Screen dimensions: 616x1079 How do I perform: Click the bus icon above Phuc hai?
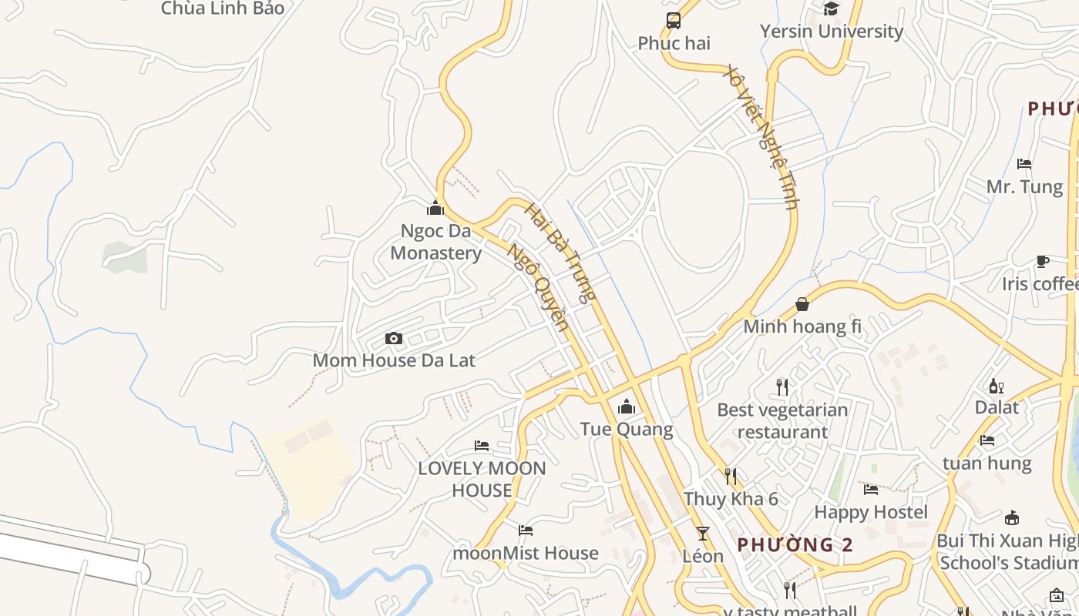[674, 21]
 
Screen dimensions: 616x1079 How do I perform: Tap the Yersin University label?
[831, 32]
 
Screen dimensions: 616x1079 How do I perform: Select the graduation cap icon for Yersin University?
[831, 9]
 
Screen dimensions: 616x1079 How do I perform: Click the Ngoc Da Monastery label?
[436, 242]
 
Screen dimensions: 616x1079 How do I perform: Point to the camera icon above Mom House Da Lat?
[394, 338]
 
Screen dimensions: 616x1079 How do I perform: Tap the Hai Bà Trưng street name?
[560, 253]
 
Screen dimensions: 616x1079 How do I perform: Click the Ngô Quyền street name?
[539, 287]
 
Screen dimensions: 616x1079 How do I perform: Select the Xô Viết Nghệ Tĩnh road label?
[760, 137]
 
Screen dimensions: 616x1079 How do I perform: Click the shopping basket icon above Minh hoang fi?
[802, 305]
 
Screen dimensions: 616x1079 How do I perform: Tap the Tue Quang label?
[627, 429]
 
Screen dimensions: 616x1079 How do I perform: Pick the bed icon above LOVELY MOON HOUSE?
[482, 446]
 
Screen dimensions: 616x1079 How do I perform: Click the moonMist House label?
[526, 553]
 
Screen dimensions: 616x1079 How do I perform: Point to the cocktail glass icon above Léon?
[703, 533]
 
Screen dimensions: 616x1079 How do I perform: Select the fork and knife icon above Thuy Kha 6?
[731, 477]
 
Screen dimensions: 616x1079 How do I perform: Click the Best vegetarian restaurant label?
[782, 420]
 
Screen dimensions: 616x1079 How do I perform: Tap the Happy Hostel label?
[871, 512]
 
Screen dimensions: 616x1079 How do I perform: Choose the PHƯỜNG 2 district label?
[795, 545]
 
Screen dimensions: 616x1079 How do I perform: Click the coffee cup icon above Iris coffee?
[1042, 262]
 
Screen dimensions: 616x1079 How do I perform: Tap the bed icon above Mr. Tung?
[1024, 164]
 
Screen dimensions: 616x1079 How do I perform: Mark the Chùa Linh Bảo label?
[223, 8]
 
